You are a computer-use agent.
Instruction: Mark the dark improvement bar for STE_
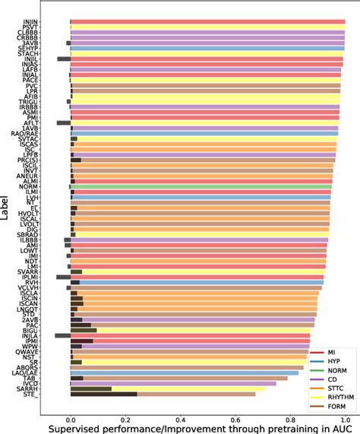coord(103,394)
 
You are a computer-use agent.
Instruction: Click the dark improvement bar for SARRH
coord(91,388)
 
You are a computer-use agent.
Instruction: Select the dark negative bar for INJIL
coord(64,58)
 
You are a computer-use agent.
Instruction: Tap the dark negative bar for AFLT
coord(63,122)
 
